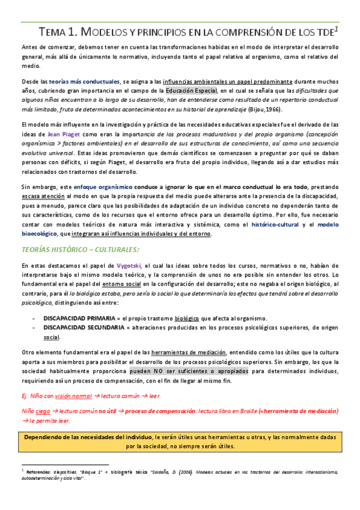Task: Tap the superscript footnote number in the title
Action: click(337, 28)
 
